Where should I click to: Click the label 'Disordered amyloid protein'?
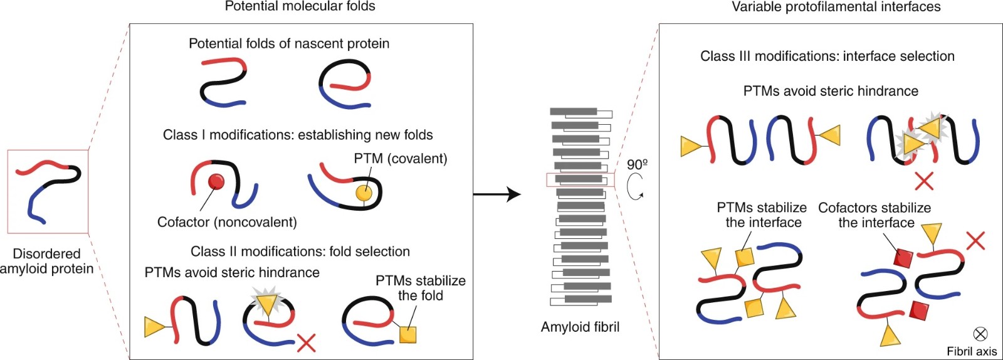46,262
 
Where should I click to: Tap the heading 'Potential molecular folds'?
300,7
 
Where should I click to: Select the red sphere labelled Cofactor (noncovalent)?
216,182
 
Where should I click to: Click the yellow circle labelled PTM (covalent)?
364,193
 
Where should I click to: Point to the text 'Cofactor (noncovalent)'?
227,222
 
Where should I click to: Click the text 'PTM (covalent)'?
401,159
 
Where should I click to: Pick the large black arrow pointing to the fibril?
496,194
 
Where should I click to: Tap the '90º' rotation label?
637,164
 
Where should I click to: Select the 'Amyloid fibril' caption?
580,327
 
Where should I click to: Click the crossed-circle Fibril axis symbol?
980,334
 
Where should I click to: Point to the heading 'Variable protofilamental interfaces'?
836,7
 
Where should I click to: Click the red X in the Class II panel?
306,343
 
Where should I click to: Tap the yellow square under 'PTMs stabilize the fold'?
407,334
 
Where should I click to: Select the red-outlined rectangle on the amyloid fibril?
580,180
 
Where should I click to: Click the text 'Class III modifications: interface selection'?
827,56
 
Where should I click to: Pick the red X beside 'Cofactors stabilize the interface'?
975,240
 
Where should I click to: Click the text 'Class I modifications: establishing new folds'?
298,135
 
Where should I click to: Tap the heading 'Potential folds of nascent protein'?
289,44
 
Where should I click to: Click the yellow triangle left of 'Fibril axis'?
890,336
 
